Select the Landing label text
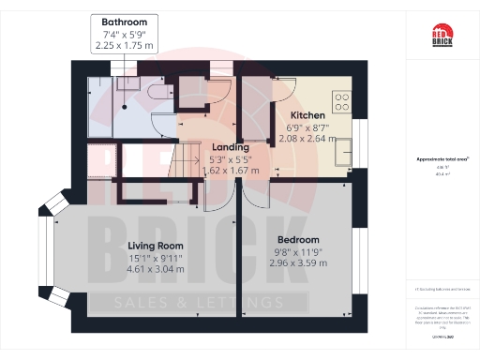(231, 147)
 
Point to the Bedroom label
(297, 240)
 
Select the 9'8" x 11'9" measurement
(297, 253)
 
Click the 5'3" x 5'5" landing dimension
(231, 159)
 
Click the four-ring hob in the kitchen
(341, 98)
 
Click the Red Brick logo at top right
(442, 37)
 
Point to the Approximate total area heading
(442, 159)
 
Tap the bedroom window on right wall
(362, 258)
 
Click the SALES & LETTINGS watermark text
(198, 302)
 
